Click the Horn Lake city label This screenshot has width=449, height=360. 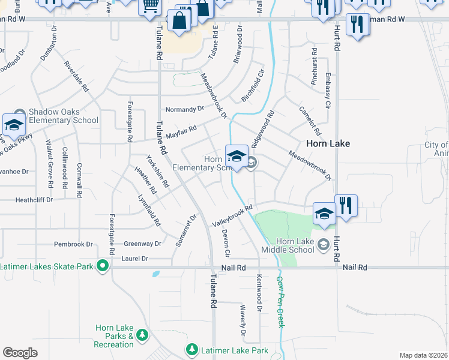[x=328, y=144]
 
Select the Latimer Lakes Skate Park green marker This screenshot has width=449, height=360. [x=103, y=264]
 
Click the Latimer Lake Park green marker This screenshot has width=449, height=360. [x=192, y=349]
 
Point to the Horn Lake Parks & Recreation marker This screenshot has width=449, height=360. [x=142, y=334]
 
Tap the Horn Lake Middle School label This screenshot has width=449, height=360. [x=288, y=245]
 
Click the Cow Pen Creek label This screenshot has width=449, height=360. [x=280, y=301]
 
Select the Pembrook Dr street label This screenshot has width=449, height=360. [x=74, y=244]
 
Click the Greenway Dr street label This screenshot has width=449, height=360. [x=143, y=244]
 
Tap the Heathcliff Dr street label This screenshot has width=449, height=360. [x=34, y=200]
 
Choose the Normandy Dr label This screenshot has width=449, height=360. [x=184, y=109]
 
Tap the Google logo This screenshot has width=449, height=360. [x=20, y=353]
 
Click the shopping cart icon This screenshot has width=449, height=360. [x=150, y=6]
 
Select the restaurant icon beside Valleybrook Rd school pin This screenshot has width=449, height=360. [x=346, y=205]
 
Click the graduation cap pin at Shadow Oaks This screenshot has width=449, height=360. [x=13, y=125]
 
